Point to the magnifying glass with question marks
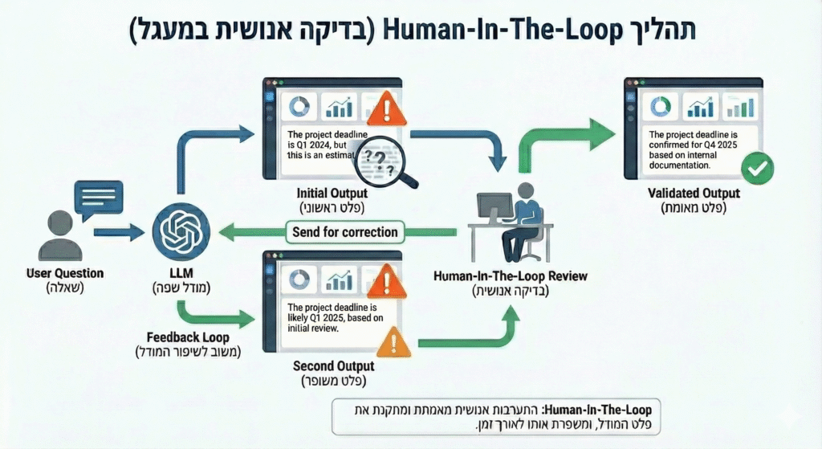[x=383, y=159]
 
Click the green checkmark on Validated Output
[x=755, y=169]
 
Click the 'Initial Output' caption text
[x=332, y=194]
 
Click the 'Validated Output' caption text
[x=694, y=194]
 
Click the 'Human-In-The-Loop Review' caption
[x=511, y=276]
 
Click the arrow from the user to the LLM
[x=118, y=233]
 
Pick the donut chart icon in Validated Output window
[x=659, y=106]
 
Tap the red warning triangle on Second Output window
[x=388, y=281]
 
